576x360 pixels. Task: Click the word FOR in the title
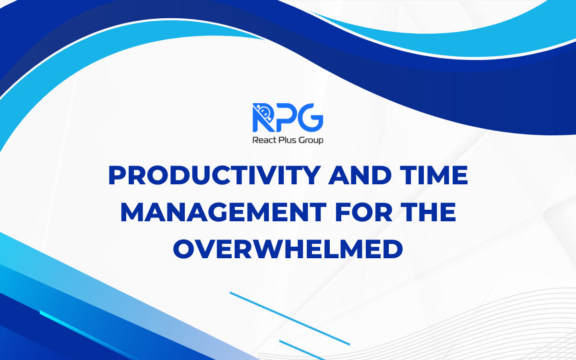pos(351,213)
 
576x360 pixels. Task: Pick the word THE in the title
pos(425,213)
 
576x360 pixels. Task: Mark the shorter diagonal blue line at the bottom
pos(302,349)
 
